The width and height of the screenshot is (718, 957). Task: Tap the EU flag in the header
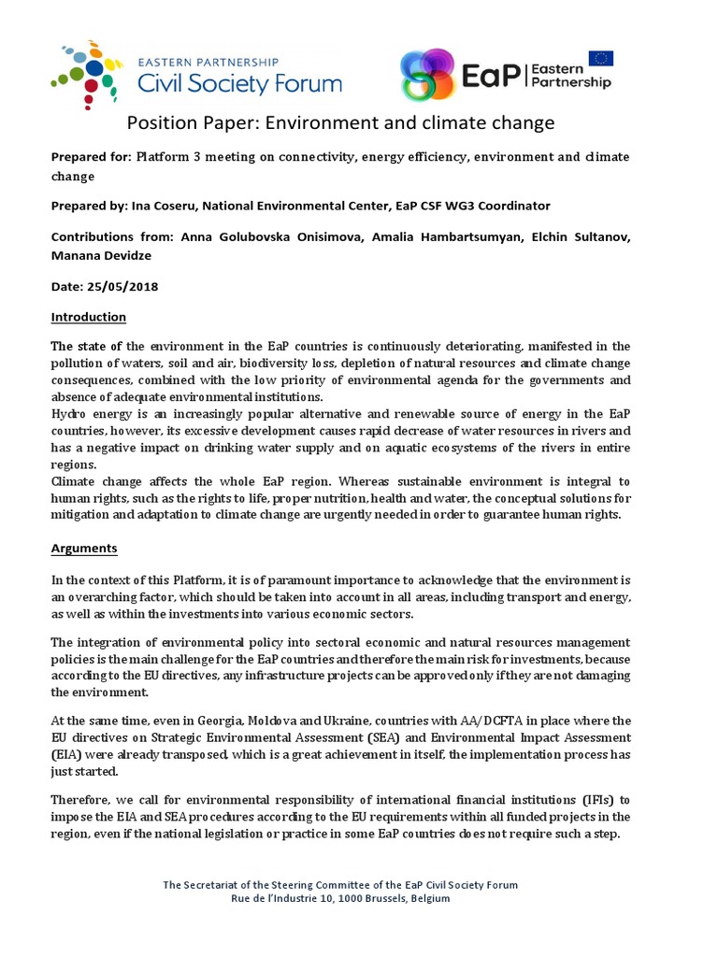(600, 59)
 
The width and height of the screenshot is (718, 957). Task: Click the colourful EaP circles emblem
(428, 75)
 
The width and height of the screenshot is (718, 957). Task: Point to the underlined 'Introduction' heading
(88, 317)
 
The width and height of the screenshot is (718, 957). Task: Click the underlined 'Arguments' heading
(84, 548)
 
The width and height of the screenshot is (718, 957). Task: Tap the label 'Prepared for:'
(91, 156)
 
